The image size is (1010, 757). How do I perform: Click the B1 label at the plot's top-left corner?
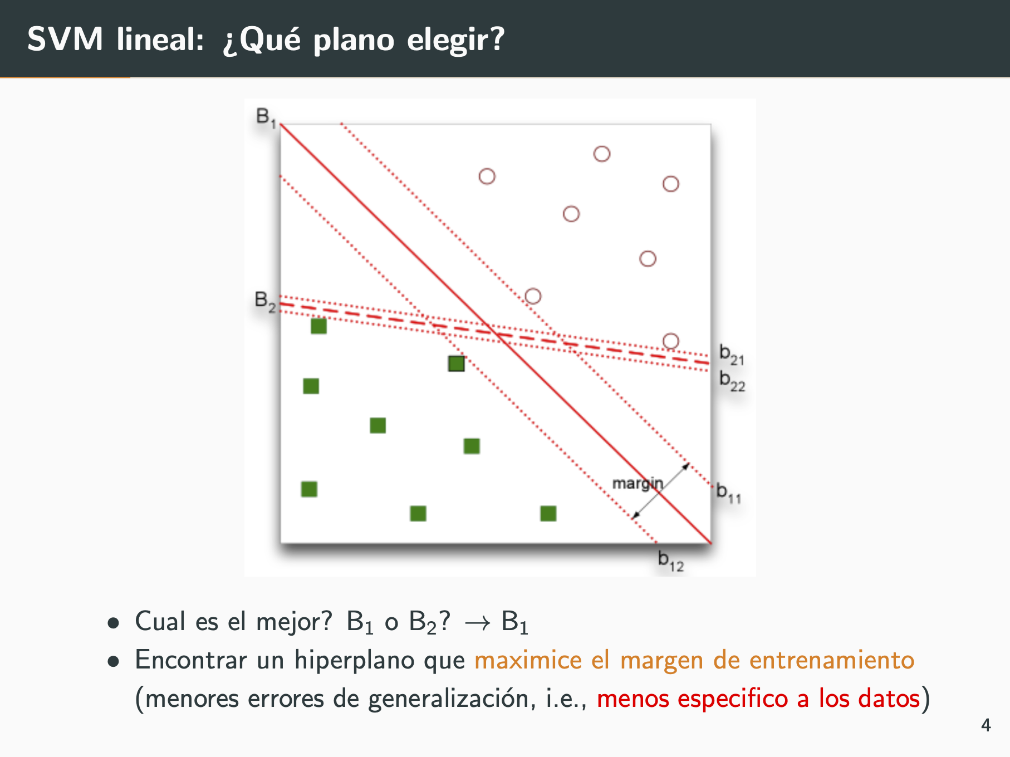tap(266, 117)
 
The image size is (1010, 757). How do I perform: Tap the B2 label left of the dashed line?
tap(265, 301)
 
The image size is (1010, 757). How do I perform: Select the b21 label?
tap(732, 355)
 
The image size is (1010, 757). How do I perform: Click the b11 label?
tap(728, 493)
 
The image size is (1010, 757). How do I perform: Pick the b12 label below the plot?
tap(670, 561)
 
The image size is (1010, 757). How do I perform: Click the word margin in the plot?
tap(638, 484)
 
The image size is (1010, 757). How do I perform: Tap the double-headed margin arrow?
tap(661, 490)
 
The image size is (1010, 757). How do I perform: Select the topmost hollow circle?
tap(602, 154)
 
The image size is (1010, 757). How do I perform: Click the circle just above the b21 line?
tap(671, 341)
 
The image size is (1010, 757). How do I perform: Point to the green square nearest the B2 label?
tap(318, 326)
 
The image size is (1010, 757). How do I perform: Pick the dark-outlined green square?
tap(457, 363)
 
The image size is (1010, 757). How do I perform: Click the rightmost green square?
tap(548, 513)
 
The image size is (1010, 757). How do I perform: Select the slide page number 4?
tap(986, 725)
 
